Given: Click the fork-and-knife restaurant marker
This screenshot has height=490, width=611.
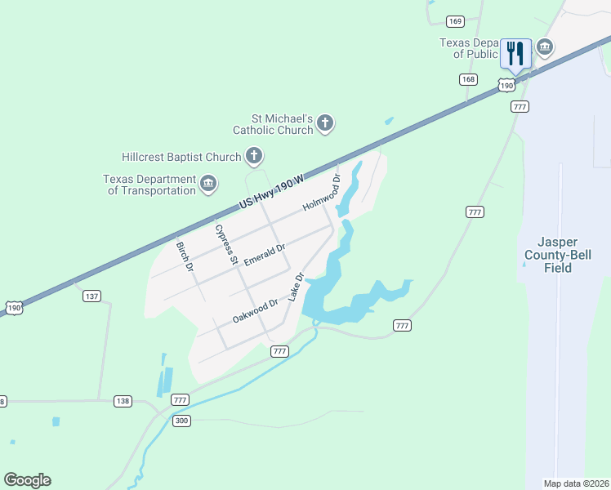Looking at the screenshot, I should pyautogui.click(x=515, y=54).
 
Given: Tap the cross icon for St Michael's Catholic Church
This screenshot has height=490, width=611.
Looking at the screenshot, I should pyautogui.click(x=325, y=123).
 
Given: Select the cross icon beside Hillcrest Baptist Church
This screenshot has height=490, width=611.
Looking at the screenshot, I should pyautogui.click(x=254, y=155).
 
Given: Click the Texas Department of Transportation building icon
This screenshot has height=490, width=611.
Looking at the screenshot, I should pyautogui.click(x=208, y=185).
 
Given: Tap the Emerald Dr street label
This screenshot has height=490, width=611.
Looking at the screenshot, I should pyautogui.click(x=264, y=253).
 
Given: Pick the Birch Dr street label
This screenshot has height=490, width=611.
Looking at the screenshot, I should pyautogui.click(x=185, y=256).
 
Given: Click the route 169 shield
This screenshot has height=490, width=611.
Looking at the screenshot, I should pyautogui.click(x=455, y=21).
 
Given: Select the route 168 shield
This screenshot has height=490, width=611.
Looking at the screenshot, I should pyautogui.click(x=467, y=79).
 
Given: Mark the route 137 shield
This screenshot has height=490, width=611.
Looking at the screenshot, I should pyautogui.click(x=91, y=296).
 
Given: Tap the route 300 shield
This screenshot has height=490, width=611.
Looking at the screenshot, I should pyautogui.click(x=182, y=420).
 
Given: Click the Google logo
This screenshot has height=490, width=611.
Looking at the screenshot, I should pyautogui.click(x=27, y=480).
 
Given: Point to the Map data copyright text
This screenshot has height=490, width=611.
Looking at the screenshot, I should pyautogui.click(x=576, y=483).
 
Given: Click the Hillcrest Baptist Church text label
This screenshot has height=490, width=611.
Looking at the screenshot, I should pyautogui.click(x=181, y=157).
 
